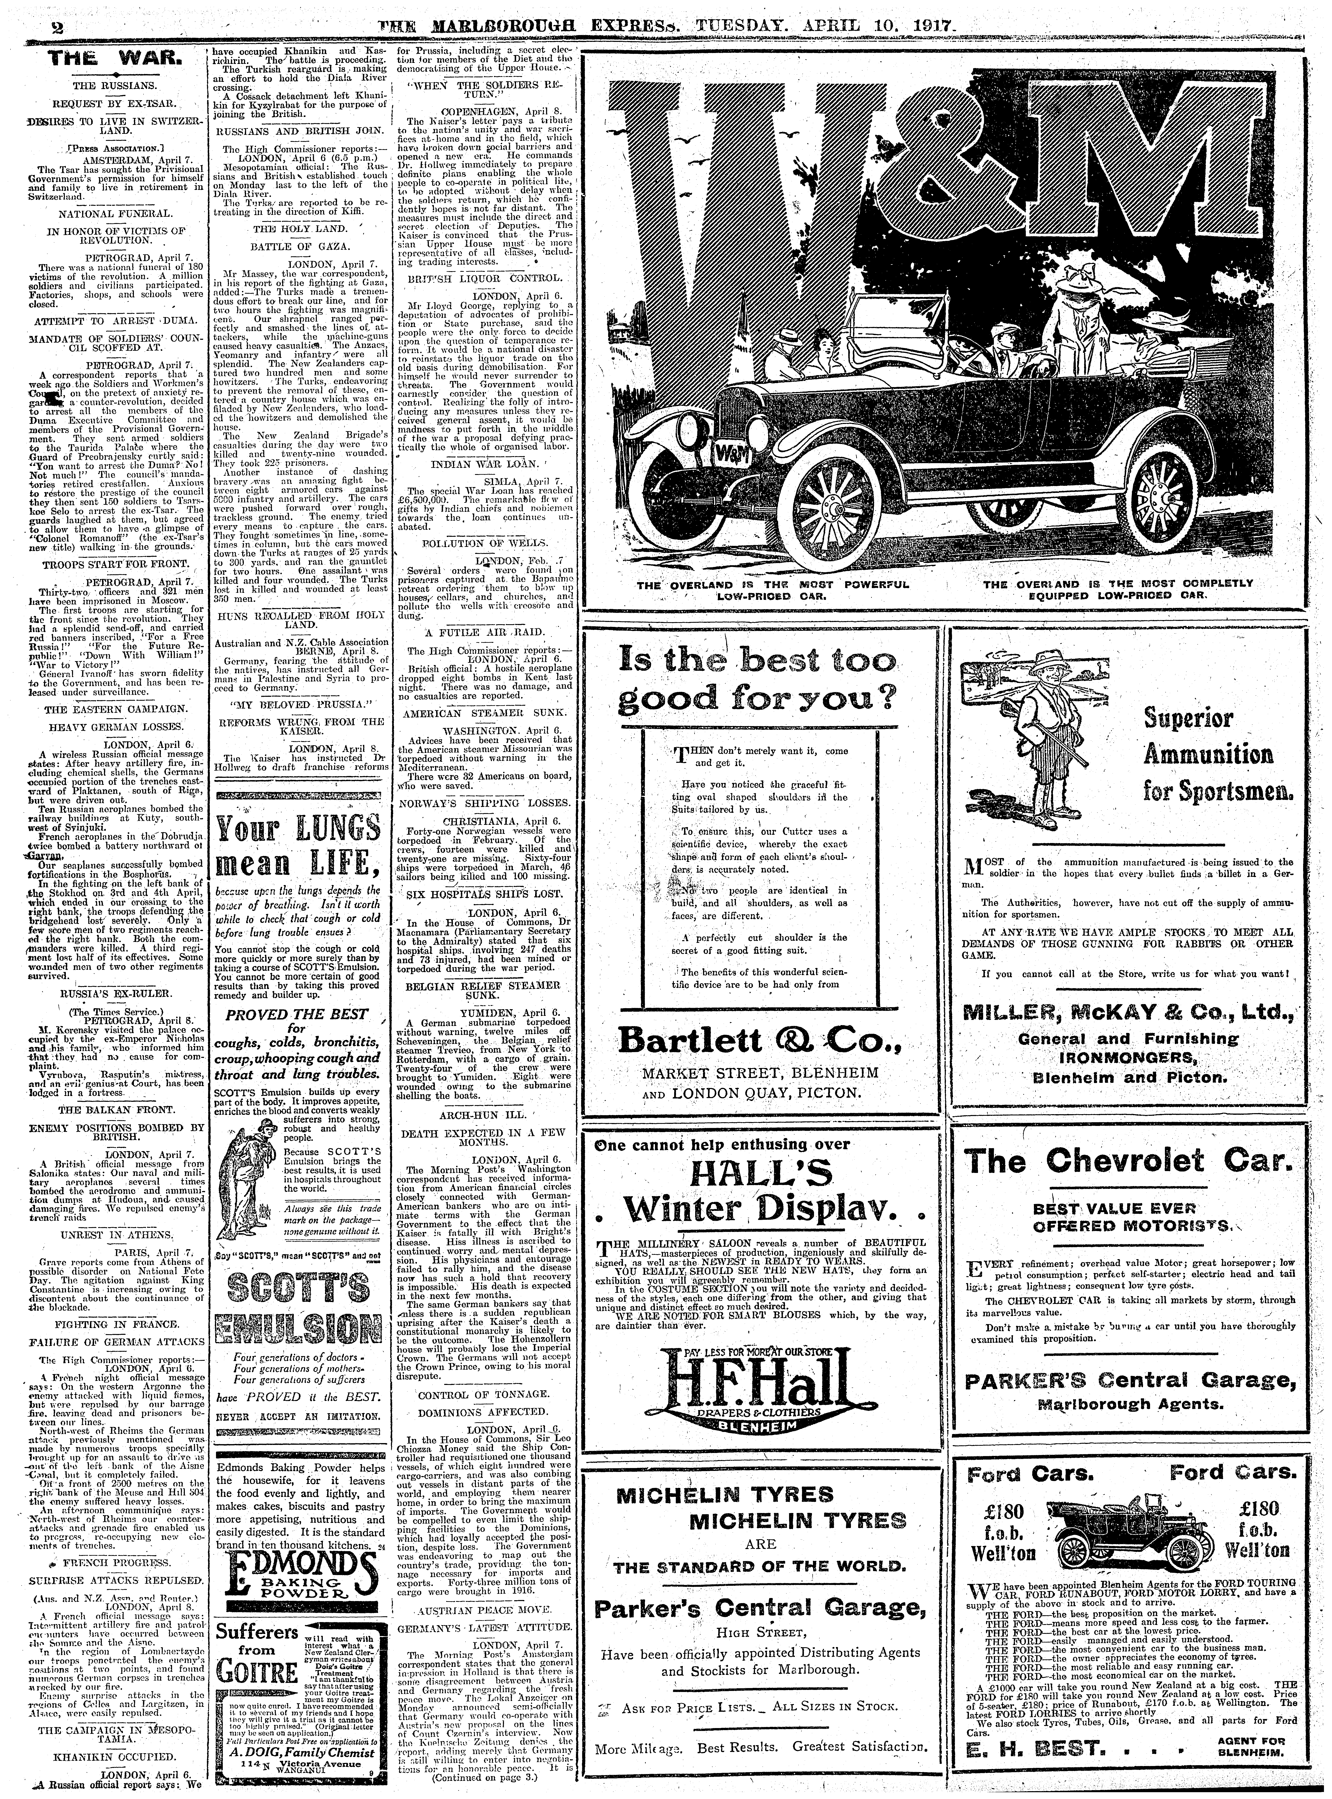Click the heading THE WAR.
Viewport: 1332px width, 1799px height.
tap(117, 59)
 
